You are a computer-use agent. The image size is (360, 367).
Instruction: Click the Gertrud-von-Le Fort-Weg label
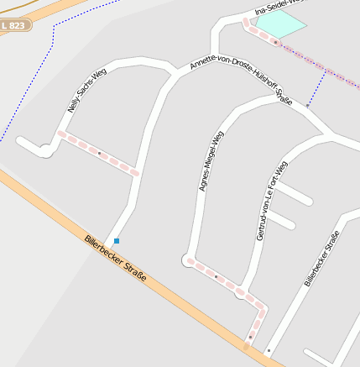click(x=271, y=201)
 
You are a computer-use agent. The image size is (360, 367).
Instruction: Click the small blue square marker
click(x=117, y=241)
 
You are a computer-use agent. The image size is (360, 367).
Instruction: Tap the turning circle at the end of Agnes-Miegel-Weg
click(x=186, y=260)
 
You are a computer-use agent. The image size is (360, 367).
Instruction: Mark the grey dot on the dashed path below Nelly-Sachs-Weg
click(x=99, y=153)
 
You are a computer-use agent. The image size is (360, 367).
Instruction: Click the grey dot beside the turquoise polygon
click(x=274, y=42)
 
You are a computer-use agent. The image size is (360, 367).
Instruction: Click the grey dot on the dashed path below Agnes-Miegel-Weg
click(x=216, y=275)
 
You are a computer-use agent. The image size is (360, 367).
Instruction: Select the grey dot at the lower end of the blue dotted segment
click(x=307, y=107)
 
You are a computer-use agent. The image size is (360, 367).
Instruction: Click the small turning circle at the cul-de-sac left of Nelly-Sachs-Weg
click(x=45, y=151)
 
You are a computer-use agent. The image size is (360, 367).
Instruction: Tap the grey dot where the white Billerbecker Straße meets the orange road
click(x=269, y=350)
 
